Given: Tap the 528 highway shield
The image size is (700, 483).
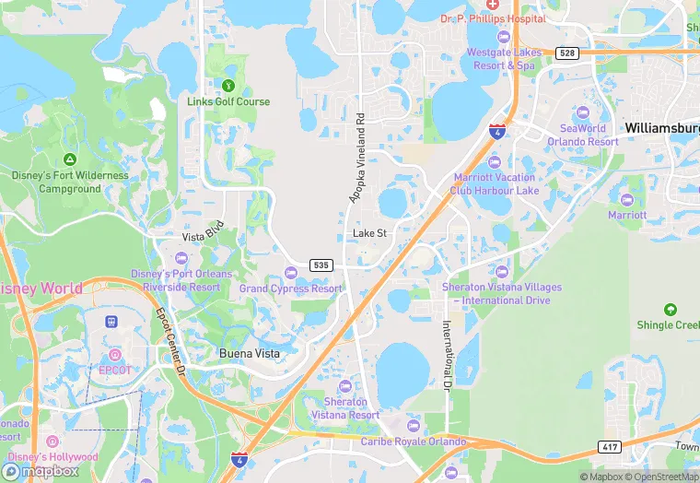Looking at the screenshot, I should pyautogui.click(x=567, y=53).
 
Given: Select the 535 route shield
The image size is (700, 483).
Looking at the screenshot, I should pyautogui.click(x=320, y=265).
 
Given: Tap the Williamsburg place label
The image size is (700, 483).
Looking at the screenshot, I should pyautogui.click(x=661, y=127).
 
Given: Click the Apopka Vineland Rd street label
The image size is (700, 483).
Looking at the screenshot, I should pyautogui.click(x=357, y=158).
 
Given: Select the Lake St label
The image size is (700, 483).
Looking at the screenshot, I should pyautogui.click(x=369, y=234).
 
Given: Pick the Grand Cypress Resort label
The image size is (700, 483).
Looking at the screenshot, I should pyautogui.click(x=290, y=289).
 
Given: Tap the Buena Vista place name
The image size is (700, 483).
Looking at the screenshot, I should pyautogui.click(x=249, y=353).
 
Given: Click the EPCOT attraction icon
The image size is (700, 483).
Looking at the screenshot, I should pyautogui.click(x=115, y=355).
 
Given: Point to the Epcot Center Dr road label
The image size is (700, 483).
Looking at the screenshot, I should pyautogui.click(x=171, y=342).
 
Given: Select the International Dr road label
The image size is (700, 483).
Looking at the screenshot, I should pyautogui.click(x=448, y=353).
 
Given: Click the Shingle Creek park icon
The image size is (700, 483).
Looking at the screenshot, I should pyautogui.click(x=670, y=309).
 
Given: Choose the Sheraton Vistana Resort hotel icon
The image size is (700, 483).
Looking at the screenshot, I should pyautogui.click(x=345, y=385).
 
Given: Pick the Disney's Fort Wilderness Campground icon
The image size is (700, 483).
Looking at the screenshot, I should pyautogui.click(x=70, y=159).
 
